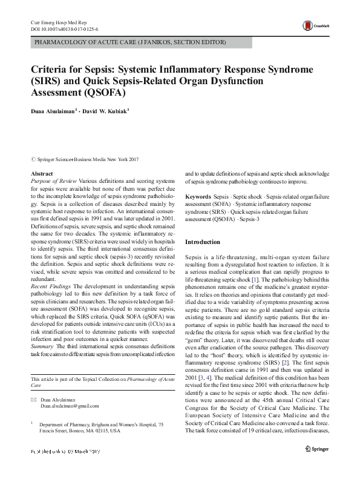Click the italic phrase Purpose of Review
[x=53, y=181]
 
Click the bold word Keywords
[x=198, y=197]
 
